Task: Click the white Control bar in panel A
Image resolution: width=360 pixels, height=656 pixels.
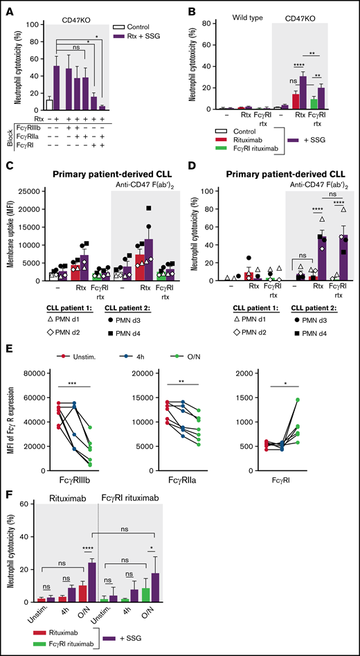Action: (49, 105)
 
